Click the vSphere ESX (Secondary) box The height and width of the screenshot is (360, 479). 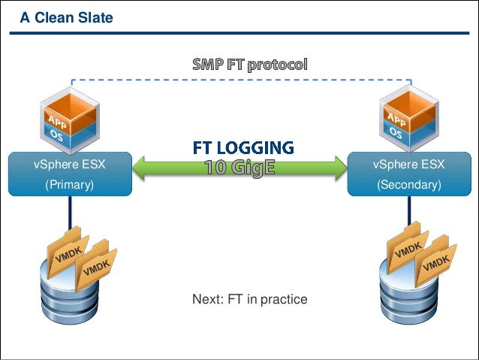tap(408, 174)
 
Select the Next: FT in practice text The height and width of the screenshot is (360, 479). tap(249, 299)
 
